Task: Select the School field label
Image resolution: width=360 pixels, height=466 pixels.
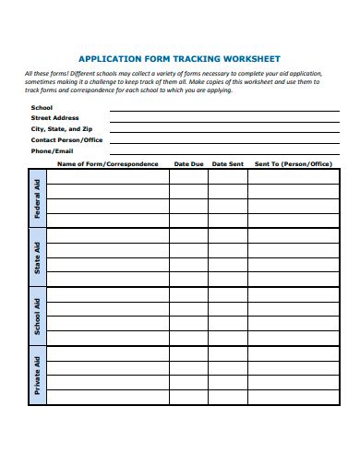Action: pyautogui.click(x=42, y=108)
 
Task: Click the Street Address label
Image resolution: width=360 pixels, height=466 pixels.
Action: pyautogui.click(x=55, y=118)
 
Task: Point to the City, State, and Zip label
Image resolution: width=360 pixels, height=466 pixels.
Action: pyautogui.click(x=62, y=128)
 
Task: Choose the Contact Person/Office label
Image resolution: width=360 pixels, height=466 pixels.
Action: pyautogui.click(x=67, y=139)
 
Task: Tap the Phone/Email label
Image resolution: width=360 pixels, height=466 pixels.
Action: pyautogui.click(x=52, y=149)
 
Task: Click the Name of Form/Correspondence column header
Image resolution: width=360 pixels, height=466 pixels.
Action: pyautogui.click(x=108, y=164)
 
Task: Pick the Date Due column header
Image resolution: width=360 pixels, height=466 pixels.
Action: pyautogui.click(x=188, y=164)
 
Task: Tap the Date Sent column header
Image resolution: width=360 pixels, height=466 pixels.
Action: pyautogui.click(x=227, y=164)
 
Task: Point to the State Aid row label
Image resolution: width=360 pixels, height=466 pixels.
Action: pyautogui.click(x=37, y=257)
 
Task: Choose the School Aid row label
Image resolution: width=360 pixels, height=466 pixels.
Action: pyautogui.click(x=37, y=316)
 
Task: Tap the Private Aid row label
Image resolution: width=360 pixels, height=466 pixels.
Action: pyautogui.click(x=37, y=375)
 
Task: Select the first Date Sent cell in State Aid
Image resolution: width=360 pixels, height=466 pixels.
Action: pyautogui.click(x=227, y=235)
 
